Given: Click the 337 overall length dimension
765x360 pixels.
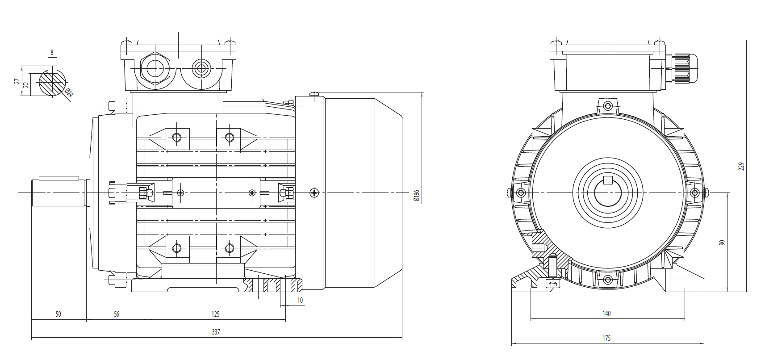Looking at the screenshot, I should (216, 332).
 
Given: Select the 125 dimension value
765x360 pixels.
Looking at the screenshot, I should (216, 314).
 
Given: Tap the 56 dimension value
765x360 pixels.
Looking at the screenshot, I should (117, 314).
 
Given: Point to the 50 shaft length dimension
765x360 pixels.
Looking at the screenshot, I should (58, 314).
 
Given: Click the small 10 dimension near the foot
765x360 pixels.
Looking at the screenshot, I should (300, 300).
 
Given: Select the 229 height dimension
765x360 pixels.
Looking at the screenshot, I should (741, 166).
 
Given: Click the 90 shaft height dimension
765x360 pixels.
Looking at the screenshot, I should (722, 242).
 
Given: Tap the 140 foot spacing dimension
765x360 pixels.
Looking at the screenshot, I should (606, 314).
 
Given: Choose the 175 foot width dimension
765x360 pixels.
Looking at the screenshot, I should (606, 338).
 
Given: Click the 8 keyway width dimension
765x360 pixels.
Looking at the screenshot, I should (52, 52).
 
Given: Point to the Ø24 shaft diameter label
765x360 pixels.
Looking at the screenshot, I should (69, 92).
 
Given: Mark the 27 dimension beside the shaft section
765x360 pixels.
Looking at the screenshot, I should (17, 81).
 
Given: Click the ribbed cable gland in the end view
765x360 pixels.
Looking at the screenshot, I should (682, 68).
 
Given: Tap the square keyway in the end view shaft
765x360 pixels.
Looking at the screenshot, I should (607, 180).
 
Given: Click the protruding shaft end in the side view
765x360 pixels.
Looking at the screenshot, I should (58, 193).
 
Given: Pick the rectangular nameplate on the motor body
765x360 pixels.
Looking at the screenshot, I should (216, 193).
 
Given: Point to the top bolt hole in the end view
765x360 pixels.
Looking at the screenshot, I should (607, 106).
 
